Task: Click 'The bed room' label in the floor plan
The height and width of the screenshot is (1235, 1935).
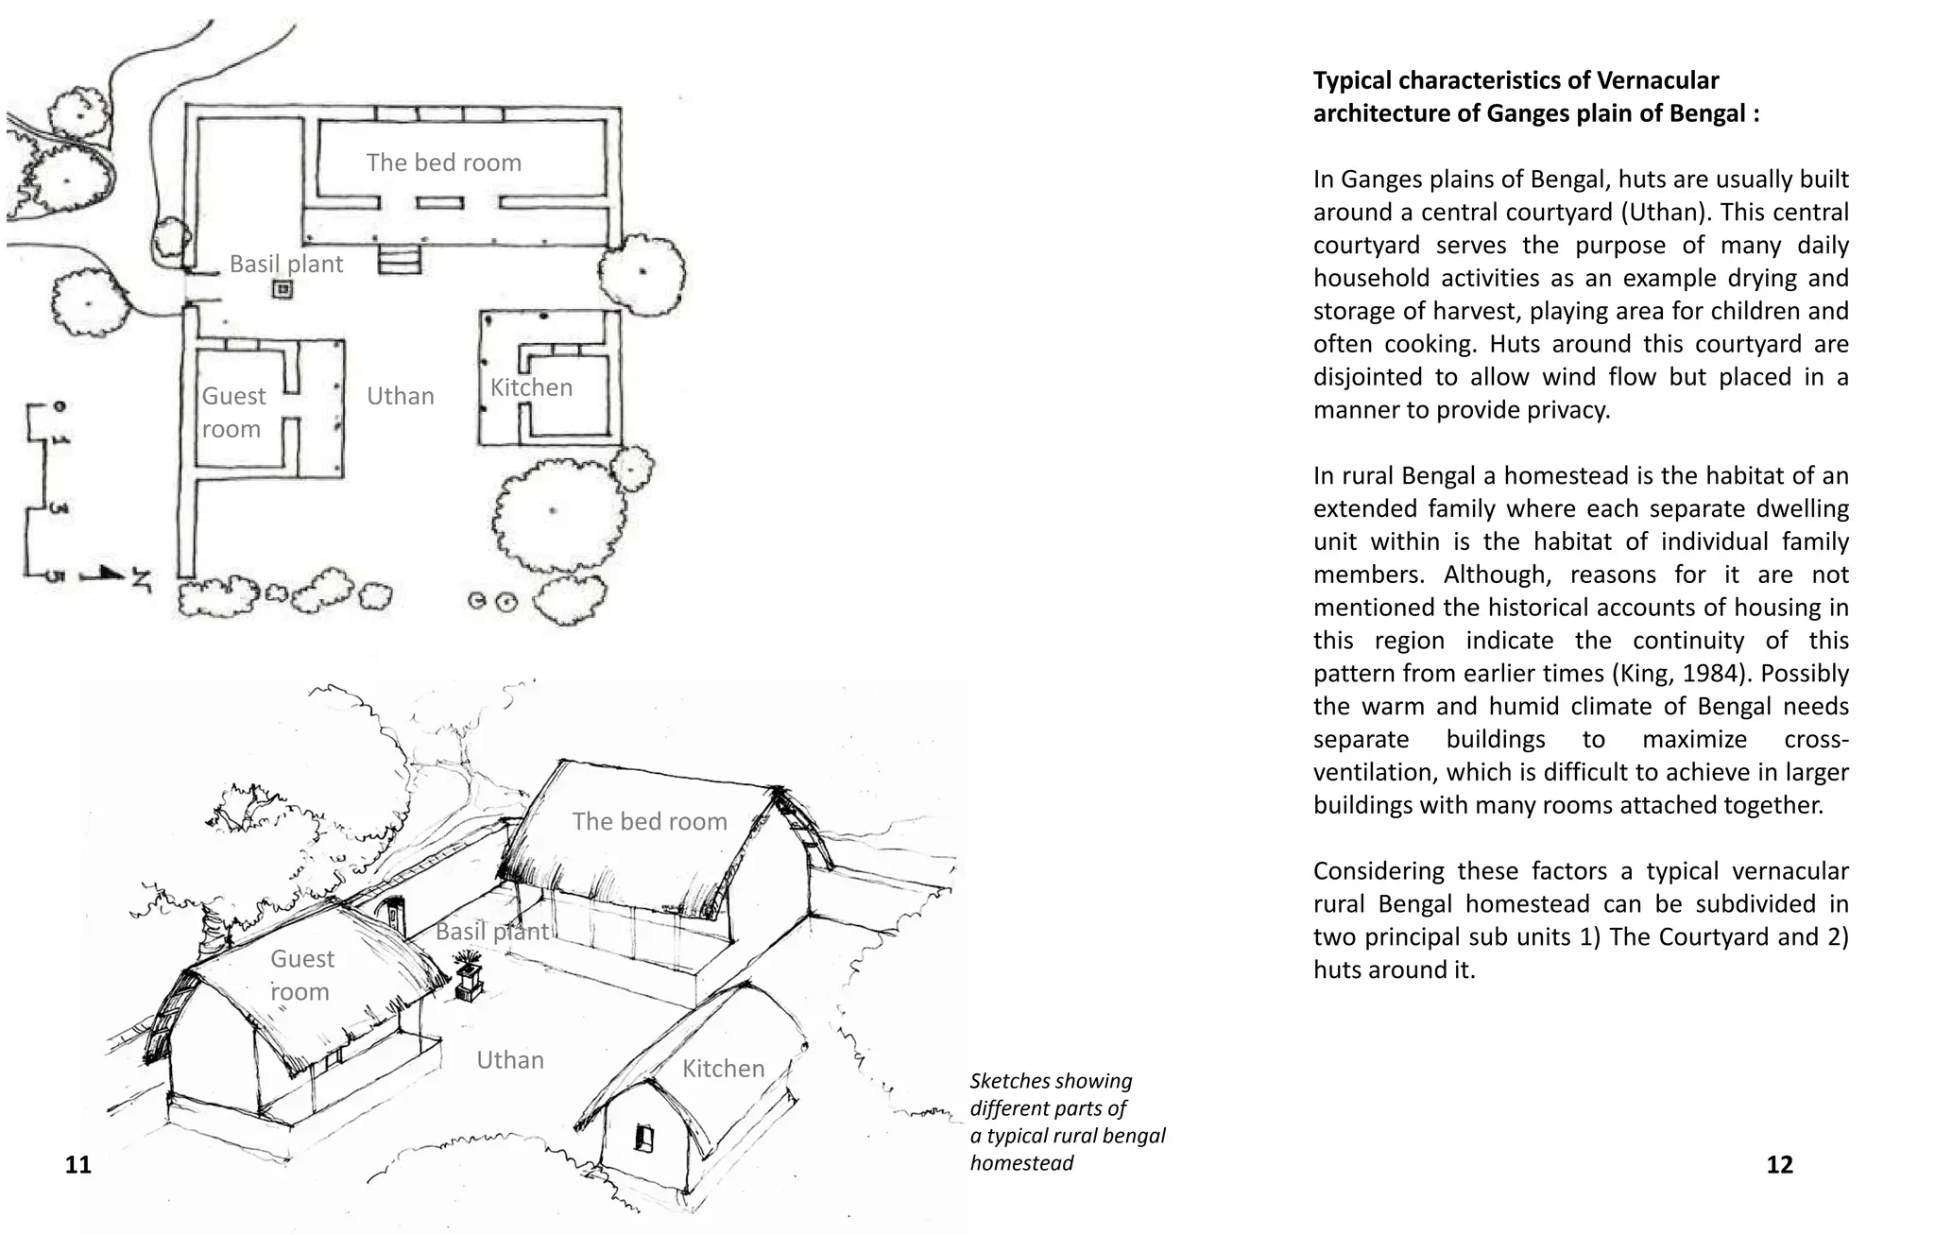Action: (443, 163)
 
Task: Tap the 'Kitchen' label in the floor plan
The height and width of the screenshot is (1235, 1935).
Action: (531, 387)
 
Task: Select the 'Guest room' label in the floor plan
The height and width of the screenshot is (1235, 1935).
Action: (233, 412)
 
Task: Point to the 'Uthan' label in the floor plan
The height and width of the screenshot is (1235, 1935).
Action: (400, 396)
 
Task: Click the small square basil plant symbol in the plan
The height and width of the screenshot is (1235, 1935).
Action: (281, 290)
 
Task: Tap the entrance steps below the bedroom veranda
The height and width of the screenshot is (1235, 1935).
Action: (399, 259)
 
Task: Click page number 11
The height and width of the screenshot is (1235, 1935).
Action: (78, 1164)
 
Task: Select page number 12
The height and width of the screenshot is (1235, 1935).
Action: (1779, 1164)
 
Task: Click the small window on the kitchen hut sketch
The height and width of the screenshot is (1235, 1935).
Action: (644, 1137)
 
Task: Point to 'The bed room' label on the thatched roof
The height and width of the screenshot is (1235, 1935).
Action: (649, 821)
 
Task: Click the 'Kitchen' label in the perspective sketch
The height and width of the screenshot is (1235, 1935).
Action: (723, 1069)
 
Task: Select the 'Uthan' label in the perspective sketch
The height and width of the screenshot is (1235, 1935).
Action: (509, 1060)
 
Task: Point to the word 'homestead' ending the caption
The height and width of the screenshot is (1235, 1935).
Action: (1021, 1163)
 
